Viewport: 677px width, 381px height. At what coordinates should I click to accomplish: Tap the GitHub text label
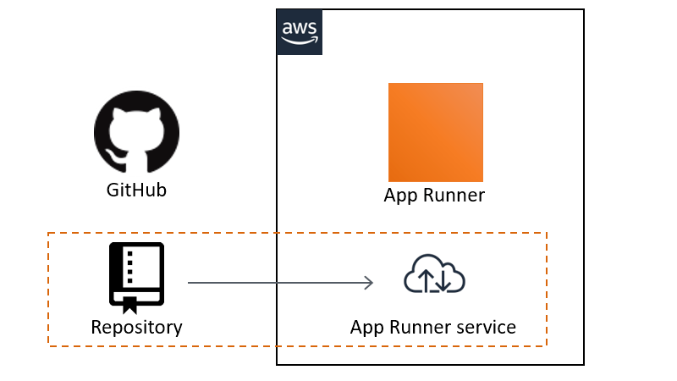[x=136, y=190]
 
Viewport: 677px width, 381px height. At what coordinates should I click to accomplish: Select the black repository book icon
[x=136, y=274]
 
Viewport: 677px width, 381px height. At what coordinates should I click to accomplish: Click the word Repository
[x=136, y=327]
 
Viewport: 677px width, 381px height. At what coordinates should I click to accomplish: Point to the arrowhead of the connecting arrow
[x=370, y=283]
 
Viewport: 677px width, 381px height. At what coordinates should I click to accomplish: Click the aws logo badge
[x=299, y=32]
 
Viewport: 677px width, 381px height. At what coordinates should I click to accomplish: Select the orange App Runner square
[x=435, y=132]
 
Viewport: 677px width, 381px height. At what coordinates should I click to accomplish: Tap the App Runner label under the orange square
[x=434, y=196]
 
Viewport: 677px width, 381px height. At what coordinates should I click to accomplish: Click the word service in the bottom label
[x=484, y=327]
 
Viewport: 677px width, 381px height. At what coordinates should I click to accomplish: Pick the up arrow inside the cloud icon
[x=425, y=278]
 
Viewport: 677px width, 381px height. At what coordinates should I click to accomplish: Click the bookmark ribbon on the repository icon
[x=129, y=306]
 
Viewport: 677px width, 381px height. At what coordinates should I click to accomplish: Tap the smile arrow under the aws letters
[x=300, y=39]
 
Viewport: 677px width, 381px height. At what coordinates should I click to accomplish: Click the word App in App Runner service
[x=366, y=327]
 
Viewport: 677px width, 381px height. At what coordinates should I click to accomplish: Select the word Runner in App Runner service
[x=417, y=327]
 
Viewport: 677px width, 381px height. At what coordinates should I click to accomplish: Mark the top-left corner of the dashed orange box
[x=48, y=232]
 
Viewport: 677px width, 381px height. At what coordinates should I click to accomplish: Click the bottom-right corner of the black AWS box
[x=584, y=365]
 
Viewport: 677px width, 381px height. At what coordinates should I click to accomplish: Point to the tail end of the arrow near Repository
[x=189, y=283]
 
